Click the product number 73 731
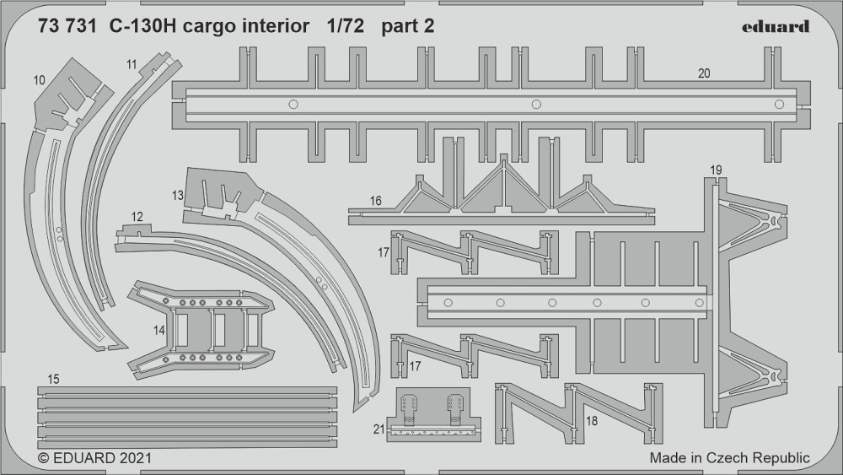pos(67,26)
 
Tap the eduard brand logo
pos(776,26)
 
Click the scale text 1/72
pos(345,26)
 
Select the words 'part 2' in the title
pos(407,27)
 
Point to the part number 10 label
pos(39,81)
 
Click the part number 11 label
pos(132,65)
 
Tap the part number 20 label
pos(704,73)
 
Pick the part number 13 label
pos(178,196)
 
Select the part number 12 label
pos(137,217)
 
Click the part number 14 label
pos(159,331)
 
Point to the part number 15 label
pos(52,380)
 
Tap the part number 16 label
pos(375,201)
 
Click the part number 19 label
pos(716,170)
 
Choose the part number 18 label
pos(592,421)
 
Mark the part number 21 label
pos(379,429)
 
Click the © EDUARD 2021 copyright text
pos(95,458)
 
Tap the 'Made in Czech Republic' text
pos(729,458)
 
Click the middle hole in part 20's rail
pos(535,105)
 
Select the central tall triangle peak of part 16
pos(503,158)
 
